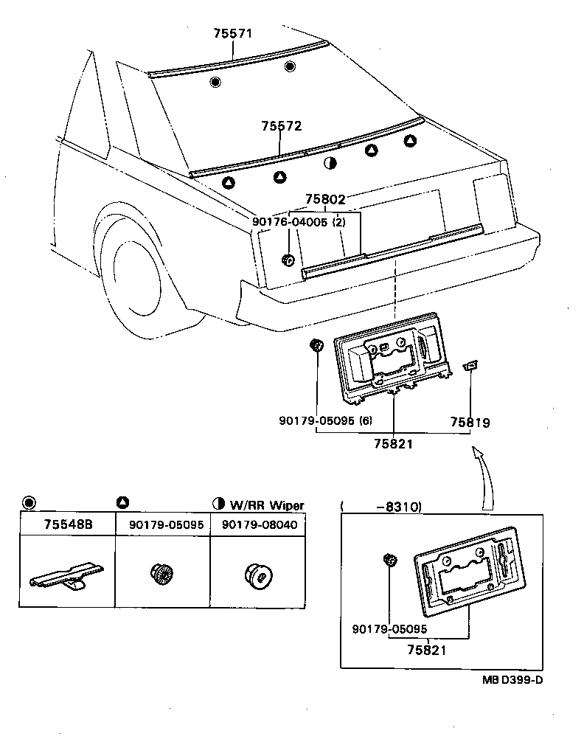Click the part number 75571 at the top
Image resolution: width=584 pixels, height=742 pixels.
pyautogui.click(x=232, y=35)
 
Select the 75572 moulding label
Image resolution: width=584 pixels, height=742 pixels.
pyautogui.click(x=281, y=126)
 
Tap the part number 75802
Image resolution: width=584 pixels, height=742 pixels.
pyautogui.click(x=325, y=199)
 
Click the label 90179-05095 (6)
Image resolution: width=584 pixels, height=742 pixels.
pyautogui.click(x=325, y=420)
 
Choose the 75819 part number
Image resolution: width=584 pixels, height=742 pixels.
pyautogui.click(x=470, y=423)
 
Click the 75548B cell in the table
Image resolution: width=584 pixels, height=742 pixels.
pyautogui.click(x=67, y=524)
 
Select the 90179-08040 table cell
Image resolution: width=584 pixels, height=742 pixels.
pyautogui.click(x=258, y=524)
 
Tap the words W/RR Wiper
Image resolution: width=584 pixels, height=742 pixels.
pyautogui.click(x=266, y=505)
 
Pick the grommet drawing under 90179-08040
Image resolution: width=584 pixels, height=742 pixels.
pyautogui.click(x=257, y=573)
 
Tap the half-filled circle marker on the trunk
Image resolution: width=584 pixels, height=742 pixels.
pyautogui.click(x=330, y=163)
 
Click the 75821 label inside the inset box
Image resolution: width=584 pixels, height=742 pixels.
pyautogui.click(x=426, y=649)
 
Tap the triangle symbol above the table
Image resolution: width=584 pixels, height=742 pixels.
pyautogui.click(x=122, y=502)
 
